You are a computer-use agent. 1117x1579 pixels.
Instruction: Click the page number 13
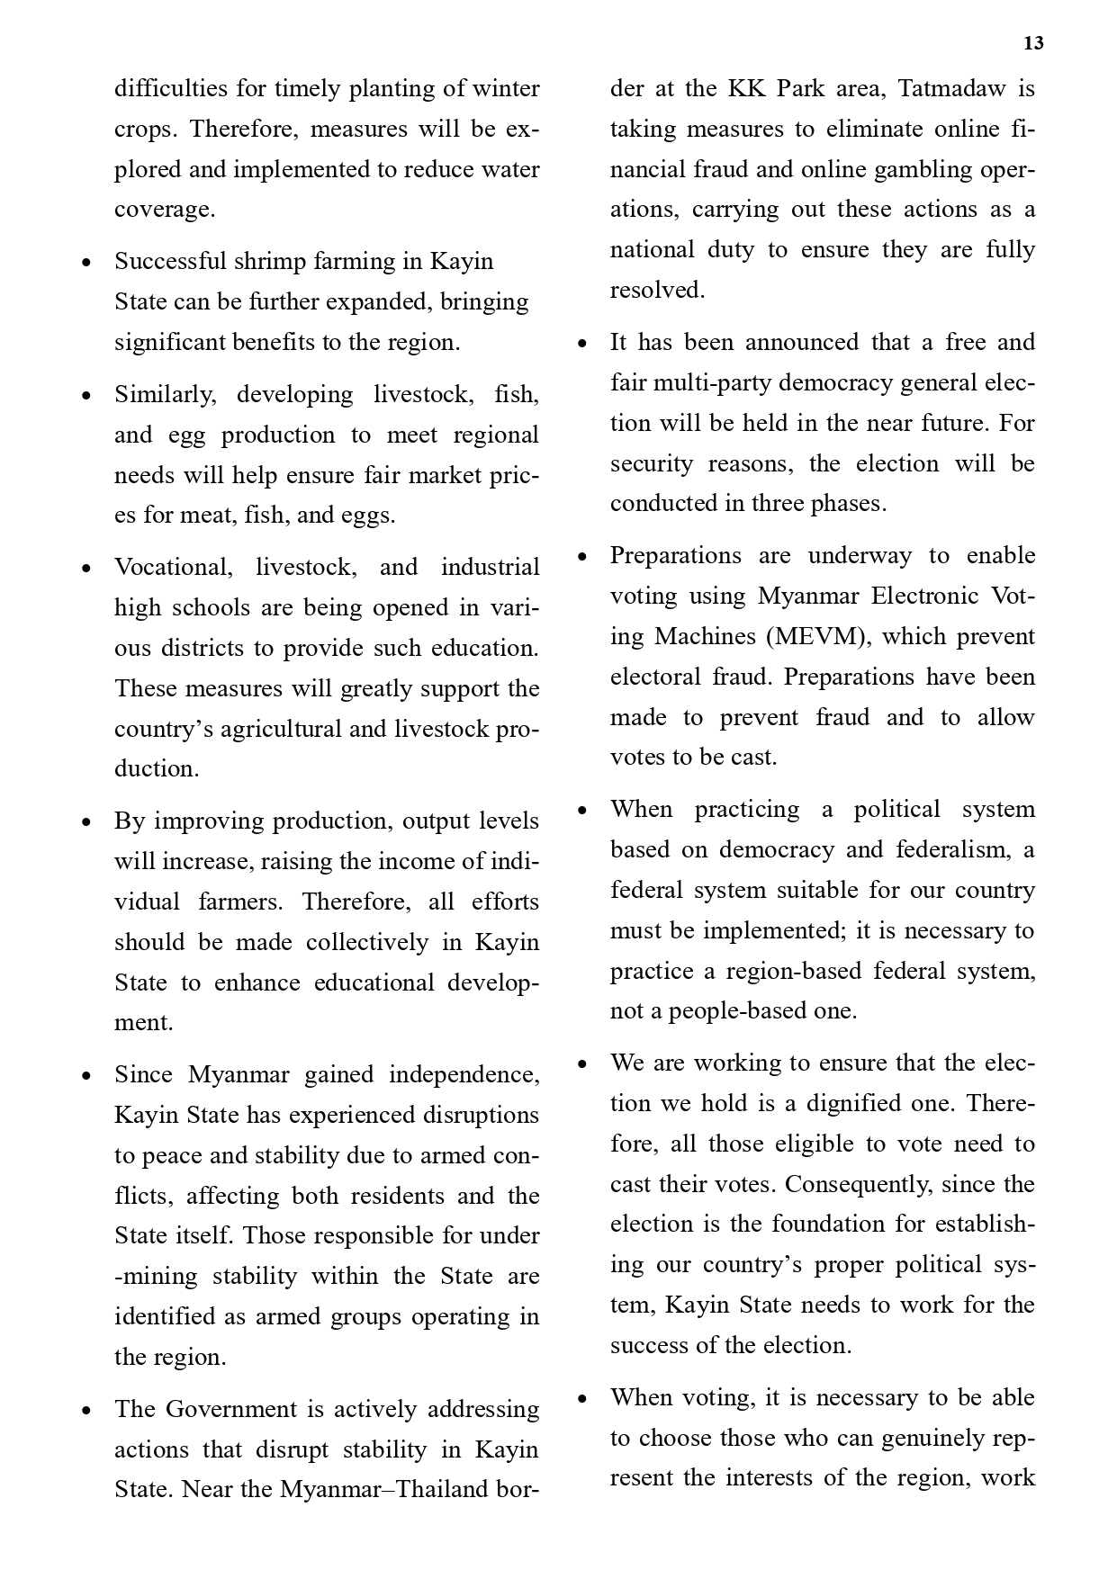click(x=1033, y=43)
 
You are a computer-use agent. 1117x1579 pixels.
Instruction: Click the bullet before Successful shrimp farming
click(x=86, y=263)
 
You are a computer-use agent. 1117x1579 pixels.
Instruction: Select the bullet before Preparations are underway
click(x=582, y=557)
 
